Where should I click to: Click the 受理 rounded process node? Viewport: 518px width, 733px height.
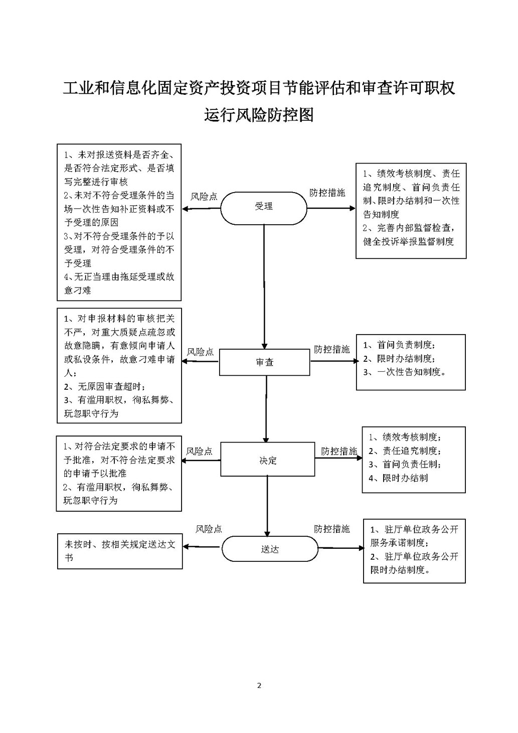click(264, 207)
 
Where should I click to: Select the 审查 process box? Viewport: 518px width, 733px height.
click(264, 362)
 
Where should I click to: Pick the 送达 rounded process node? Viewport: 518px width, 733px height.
click(270, 549)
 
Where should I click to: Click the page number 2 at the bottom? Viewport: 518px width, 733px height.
click(259, 685)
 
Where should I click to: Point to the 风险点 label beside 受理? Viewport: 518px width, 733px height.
click(204, 197)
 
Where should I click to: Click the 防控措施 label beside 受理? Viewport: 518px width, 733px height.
click(327, 193)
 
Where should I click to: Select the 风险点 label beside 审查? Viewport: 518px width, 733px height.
click(200, 352)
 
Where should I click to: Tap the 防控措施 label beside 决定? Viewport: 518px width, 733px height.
click(339, 451)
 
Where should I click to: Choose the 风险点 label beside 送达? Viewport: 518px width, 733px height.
click(209, 529)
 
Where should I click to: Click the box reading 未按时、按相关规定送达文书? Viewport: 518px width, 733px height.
click(120, 550)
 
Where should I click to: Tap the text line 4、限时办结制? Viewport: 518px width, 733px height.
click(398, 478)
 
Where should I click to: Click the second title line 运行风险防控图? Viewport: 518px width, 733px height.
click(259, 115)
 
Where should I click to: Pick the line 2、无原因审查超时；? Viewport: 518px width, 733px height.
click(105, 386)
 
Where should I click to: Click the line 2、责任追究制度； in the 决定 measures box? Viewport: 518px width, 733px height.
click(405, 451)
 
